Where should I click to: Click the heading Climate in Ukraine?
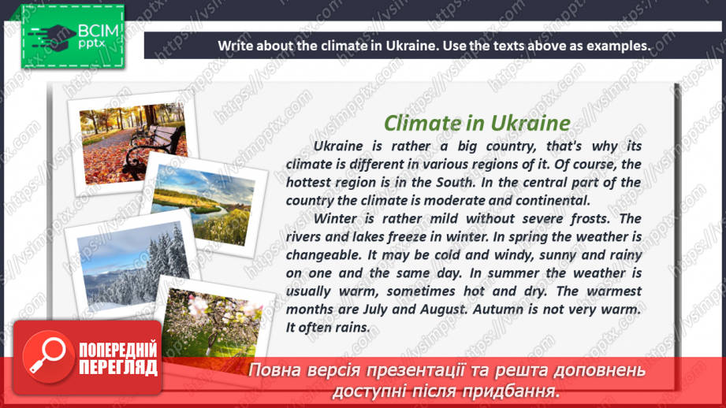click(x=476, y=123)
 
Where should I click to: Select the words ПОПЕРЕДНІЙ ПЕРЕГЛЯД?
click(x=118, y=359)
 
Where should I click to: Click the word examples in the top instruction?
click(x=618, y=45)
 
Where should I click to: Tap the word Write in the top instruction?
click(x=236, y=45)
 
